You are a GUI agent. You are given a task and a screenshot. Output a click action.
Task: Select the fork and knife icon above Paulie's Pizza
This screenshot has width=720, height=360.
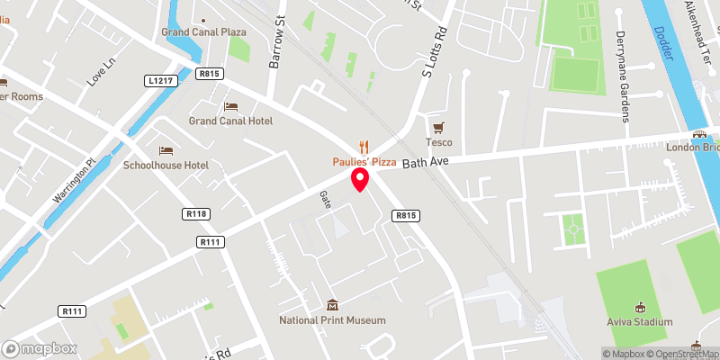(x=364, y=146)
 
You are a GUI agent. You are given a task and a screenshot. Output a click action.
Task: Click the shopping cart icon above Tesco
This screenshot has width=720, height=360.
(x=438, y=128)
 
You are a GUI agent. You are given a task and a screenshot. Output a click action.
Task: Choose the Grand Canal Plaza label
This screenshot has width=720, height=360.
(x=204, y=32)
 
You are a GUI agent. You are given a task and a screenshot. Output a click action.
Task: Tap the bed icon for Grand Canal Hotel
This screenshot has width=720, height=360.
(x=230, y=106)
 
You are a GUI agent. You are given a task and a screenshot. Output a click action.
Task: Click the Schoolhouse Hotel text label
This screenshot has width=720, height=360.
(x=166, y=166)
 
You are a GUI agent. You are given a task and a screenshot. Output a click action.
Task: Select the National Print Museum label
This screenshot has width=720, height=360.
(x=332, y=320)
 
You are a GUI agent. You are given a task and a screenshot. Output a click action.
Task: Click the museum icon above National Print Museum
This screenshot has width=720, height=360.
(x=332, y=305)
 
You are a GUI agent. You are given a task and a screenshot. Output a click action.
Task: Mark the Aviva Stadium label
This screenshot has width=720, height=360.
(x=640, y=321)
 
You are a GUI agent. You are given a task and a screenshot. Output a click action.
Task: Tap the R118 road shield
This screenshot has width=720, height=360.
(x=195, y=214)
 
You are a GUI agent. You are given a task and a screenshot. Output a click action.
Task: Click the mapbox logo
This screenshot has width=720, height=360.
(x=40, y=348)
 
